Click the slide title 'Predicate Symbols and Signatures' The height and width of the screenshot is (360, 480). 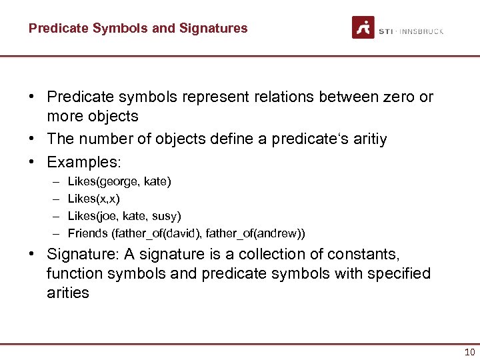click(138, 28)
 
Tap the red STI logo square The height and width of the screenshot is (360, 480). click(363, 27)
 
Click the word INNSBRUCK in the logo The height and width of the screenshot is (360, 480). click(421, 31)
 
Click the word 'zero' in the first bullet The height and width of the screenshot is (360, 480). click(393, 97)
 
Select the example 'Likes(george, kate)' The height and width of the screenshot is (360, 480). click(119, 181)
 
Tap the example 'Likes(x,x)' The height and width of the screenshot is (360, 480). click(94, 199)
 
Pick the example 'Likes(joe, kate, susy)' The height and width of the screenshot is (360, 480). click(125, 216)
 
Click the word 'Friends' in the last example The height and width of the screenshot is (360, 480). click(88, 233)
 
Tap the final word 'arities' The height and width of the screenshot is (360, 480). click(68, 293)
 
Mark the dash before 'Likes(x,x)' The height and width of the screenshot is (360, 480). click(53, 199)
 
